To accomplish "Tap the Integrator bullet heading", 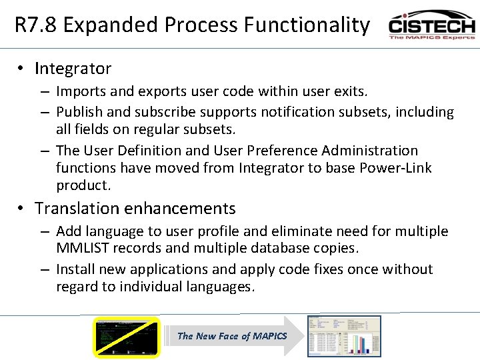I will point(73,69).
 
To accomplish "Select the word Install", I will point(77,269).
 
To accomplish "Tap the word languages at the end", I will point(221,287).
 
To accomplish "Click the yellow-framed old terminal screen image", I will point(126,337).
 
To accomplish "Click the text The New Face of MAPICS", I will point(231,336).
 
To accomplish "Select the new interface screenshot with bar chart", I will point(343,336).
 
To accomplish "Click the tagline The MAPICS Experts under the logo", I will point(431,37).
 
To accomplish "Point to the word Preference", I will point(251,151).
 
